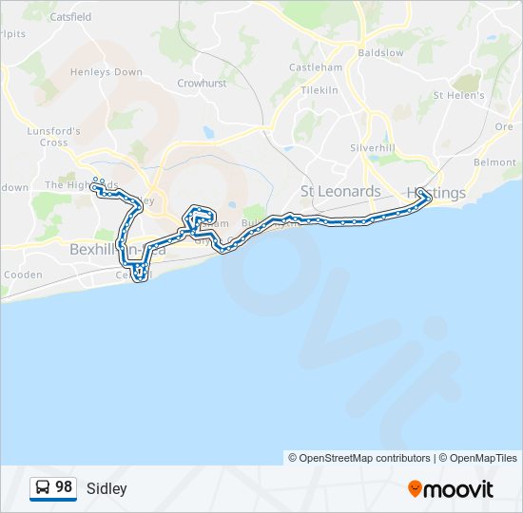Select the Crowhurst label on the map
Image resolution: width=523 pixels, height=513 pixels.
(x=201, y=84)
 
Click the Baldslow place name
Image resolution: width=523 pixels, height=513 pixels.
(x=380, y=52)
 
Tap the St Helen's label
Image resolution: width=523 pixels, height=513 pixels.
(x=458, y=96)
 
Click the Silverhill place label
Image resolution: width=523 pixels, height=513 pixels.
(x=372, y=149)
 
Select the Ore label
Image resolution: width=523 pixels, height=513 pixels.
(x=504, y=126)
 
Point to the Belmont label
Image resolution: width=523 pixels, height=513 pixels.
(x=494, y=163)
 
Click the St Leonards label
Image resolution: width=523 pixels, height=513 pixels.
(x=339, y=191)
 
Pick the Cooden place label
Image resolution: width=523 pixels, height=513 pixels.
(x=23, y=275)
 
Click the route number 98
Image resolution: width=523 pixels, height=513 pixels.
(x=64, y=487)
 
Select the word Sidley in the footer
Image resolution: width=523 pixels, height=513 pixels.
(x=107, y=489)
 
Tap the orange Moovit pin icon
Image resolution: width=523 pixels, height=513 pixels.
(x=415, y=489)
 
